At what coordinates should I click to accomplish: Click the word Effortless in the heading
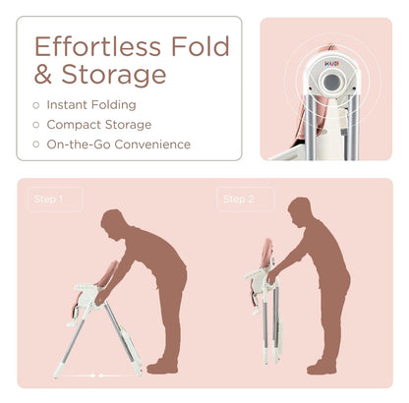(97, 46)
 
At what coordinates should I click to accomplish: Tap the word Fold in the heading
(201, 46)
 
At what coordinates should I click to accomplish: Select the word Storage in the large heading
(114, 75)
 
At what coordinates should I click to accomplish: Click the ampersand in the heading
(43, 74)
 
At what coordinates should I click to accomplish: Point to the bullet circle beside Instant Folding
(36, 105)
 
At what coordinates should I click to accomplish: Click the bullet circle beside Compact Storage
(36, 125)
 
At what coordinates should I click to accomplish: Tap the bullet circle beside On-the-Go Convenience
(36, 144)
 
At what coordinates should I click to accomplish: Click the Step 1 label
(48, 200)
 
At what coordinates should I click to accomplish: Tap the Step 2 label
(239, 200)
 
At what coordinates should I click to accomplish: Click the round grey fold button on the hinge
(331, 82)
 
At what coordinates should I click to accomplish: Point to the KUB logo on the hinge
(331, 64)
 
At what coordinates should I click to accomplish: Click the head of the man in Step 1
(113, 225)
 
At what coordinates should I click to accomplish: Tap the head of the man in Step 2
(300, 212)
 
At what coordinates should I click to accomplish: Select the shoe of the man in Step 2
(321, 368)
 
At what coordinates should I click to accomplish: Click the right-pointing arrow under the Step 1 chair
(79, 375)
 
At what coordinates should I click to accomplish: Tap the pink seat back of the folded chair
(267, 253)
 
